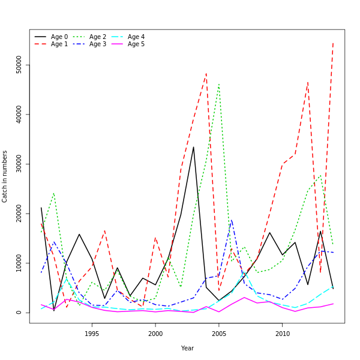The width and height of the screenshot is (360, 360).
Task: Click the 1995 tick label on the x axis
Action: [x=92, y=334]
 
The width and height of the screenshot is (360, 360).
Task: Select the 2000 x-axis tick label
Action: [x=155, y=334]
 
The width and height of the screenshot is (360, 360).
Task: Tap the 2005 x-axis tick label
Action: [x=219, y=334]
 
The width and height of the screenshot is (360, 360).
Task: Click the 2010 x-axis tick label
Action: [x=283, y=334]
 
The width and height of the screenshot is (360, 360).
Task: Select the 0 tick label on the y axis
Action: [x=19, y=313]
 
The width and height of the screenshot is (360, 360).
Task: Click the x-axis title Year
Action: [x=187, y=348]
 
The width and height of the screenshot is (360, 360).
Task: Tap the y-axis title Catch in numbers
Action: [x=5, y=176]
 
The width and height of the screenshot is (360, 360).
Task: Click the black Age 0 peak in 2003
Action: [x=193, y=147]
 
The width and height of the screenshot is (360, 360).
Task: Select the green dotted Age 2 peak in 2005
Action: [x=219, y=84]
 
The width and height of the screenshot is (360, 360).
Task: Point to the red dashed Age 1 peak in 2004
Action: [x=206, y=74]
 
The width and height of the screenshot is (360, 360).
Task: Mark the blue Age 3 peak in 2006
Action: [x=232, y=220]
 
